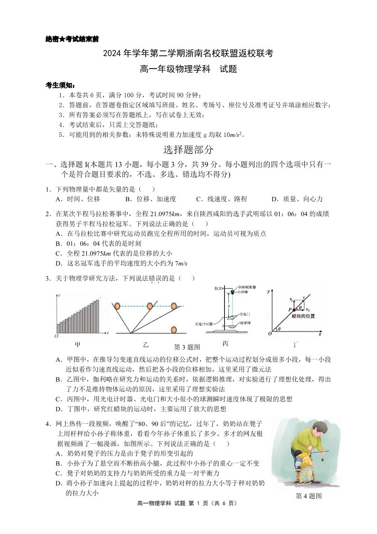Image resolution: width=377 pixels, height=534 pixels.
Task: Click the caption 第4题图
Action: [x=309, y=496]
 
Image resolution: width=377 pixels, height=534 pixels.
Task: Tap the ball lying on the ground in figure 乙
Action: [x=174, y=329]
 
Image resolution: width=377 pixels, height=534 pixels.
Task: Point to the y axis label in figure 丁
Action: [x=269, y=291]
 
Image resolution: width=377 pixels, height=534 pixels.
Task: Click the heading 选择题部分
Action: [x=188, y=150]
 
